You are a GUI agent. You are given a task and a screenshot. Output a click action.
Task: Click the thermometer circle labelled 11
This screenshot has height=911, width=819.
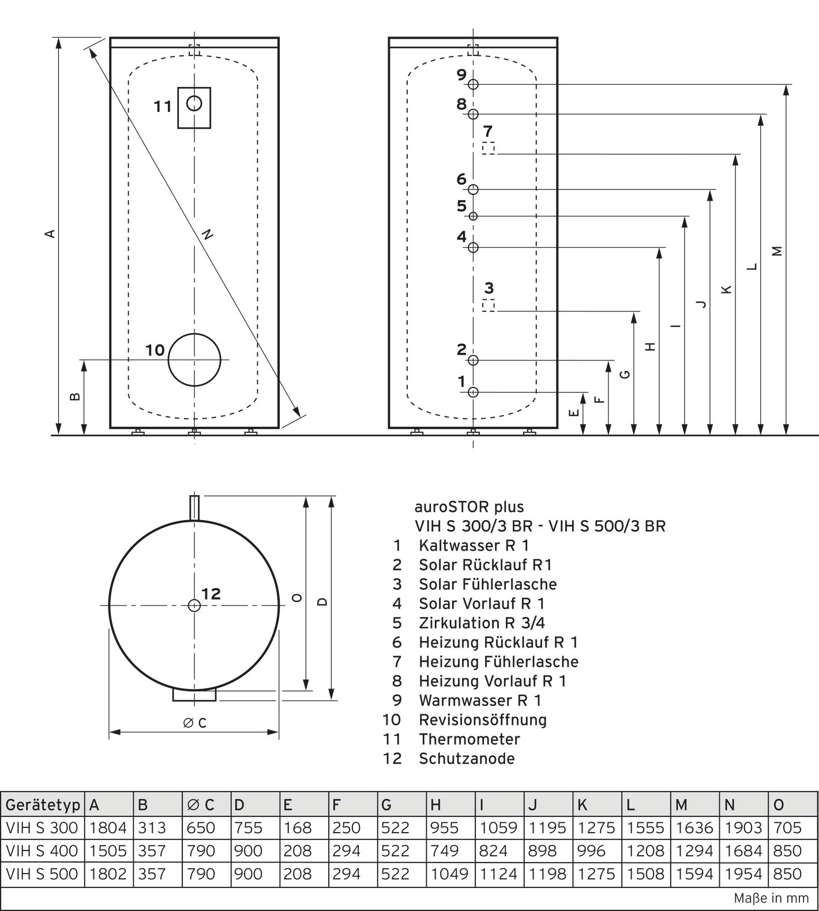click(194, 104)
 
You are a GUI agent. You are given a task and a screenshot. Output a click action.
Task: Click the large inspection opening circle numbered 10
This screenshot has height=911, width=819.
click(194, 360)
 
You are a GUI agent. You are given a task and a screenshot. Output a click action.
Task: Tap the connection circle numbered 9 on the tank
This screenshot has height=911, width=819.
click(474, 84)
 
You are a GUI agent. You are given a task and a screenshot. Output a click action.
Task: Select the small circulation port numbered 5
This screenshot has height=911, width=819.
click(474, 216)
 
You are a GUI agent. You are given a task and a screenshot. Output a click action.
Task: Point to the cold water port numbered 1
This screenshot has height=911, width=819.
click(474, 393)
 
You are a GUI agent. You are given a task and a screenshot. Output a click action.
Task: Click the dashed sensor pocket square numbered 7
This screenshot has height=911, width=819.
click(489, 148)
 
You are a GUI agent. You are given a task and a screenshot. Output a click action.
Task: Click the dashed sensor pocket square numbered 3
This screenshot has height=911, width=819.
click(489, 305)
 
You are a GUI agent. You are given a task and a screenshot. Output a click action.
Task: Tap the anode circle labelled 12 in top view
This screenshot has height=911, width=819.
click(194, 605)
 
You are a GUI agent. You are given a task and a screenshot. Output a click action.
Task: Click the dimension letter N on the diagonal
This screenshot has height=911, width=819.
click(208, 234)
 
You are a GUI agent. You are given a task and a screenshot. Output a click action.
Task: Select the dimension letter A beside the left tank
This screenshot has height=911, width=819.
click(51, 234)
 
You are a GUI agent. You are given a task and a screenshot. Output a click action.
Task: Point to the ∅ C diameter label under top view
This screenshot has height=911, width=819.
click(195, 723)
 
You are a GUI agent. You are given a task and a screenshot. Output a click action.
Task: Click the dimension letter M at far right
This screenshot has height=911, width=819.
click(777, 251)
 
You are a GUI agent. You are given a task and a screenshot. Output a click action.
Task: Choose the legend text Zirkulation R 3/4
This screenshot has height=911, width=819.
click(482, 623)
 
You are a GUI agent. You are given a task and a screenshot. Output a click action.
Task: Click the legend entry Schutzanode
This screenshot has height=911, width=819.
click(467, 758)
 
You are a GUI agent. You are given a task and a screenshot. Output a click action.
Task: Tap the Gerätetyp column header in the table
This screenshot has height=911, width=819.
click(43, 804)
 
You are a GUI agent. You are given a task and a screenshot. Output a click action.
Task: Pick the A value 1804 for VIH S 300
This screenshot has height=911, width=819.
click(108, 828)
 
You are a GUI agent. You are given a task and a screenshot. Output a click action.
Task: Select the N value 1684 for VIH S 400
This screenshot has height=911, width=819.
click(743, 850)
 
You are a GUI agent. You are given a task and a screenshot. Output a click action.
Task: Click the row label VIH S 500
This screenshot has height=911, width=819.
click(42, 874)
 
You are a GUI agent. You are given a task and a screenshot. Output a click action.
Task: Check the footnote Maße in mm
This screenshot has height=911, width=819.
click(771, 898)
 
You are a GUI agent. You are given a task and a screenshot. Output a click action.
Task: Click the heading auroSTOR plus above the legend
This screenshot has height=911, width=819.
click(469, 507)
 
